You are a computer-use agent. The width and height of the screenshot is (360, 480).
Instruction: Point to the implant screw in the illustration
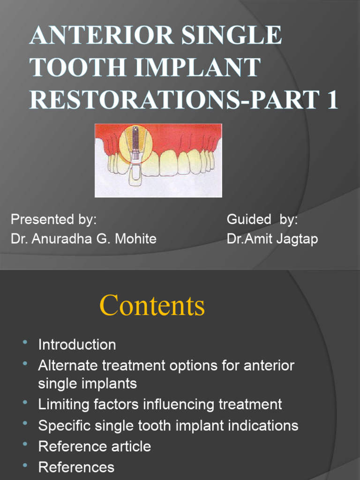click(135, 140)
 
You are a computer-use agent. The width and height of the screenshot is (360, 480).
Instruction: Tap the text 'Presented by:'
click(54, 219)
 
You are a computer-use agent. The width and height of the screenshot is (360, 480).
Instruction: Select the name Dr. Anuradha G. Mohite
click(83, 239)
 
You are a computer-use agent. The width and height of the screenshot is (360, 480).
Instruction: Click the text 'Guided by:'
click(262, 219)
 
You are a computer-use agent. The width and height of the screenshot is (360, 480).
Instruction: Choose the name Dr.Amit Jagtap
click(272, 239)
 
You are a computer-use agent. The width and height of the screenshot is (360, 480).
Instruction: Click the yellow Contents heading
click(152, 306)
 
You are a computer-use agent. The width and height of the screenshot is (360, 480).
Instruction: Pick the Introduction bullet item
click(77, 345)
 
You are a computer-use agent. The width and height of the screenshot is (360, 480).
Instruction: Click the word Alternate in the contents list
click(68, 365)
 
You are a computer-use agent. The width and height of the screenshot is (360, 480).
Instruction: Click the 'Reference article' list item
click(94, 446)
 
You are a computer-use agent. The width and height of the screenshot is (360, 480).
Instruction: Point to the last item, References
click(76, 467)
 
